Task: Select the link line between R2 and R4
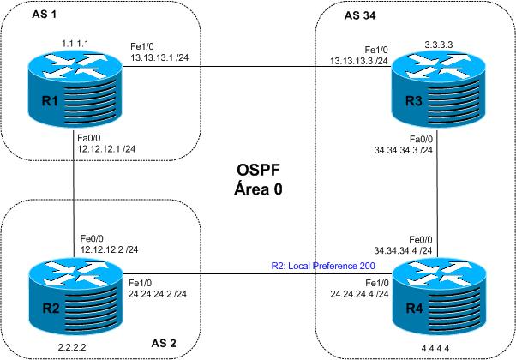click(x=257, y=275)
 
